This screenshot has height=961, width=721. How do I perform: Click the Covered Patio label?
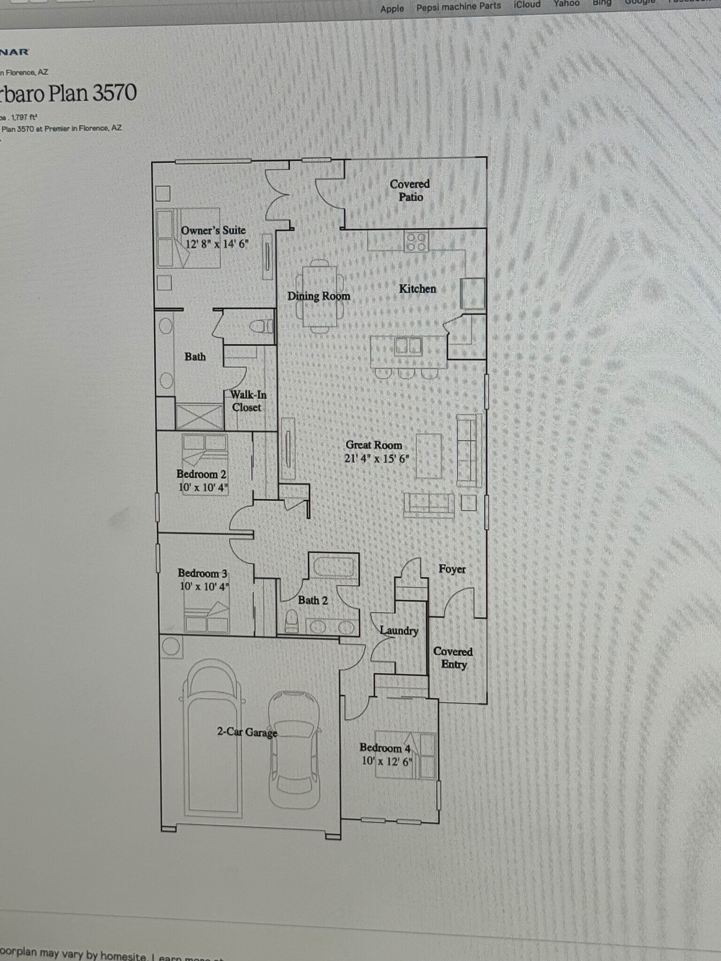coord(410,191)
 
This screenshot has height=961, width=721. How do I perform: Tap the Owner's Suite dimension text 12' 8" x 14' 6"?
coord(216,244)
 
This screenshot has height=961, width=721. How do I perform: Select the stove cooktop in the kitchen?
coord(416,242)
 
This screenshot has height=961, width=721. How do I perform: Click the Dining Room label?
coord(319,296)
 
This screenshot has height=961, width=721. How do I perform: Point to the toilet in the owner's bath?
coord(261,326)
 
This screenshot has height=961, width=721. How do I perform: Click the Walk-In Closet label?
coord(247,401)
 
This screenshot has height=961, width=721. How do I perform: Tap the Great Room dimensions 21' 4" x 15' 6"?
coord(376,458)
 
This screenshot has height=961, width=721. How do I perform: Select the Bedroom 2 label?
coord(201,474)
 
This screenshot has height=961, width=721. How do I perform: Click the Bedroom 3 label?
coord(202,573)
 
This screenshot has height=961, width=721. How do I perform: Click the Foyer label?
coord(452,569)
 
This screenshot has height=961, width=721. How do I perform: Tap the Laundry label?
coord(399,631)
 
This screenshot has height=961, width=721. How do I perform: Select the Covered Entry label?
coord(453,658)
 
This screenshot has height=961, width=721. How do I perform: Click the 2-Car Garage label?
coord(247,732)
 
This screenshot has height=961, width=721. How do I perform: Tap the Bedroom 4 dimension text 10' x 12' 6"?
coord(386,761)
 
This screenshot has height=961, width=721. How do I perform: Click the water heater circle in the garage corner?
coord(170,647)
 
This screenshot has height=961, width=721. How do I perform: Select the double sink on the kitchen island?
coord(407,346)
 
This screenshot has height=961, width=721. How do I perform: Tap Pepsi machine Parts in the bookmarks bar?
coord(459,7)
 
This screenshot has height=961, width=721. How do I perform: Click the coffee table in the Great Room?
coord(429,456)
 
